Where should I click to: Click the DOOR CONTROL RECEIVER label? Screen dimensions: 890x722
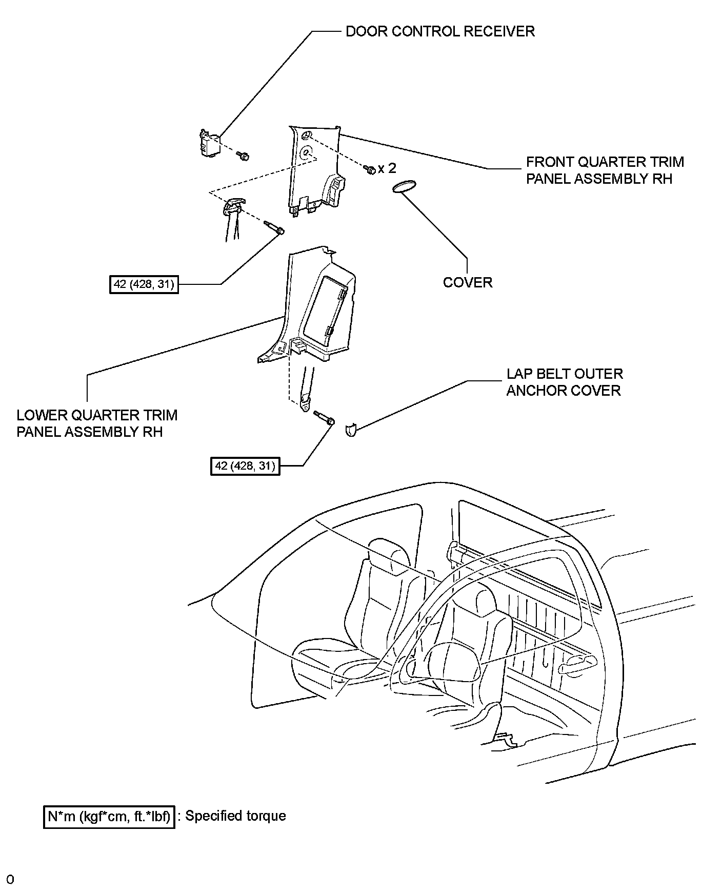[440, 31]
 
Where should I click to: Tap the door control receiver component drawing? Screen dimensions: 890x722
[209, 143]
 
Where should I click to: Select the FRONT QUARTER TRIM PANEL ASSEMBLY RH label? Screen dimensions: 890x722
[605, 170]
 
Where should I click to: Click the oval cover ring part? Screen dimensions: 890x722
[404, 187]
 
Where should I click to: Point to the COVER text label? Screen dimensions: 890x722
[467, 282]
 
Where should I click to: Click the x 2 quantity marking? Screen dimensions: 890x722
[387, 168]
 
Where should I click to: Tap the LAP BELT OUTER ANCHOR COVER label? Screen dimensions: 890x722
[564, 382]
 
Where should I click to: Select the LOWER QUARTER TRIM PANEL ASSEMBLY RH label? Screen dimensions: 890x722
[97, 423]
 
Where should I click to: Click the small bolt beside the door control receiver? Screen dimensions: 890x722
[243, 155]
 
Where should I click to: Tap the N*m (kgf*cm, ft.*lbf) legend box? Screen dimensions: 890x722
[109, 816]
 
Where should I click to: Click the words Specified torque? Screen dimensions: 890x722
[235, 816]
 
